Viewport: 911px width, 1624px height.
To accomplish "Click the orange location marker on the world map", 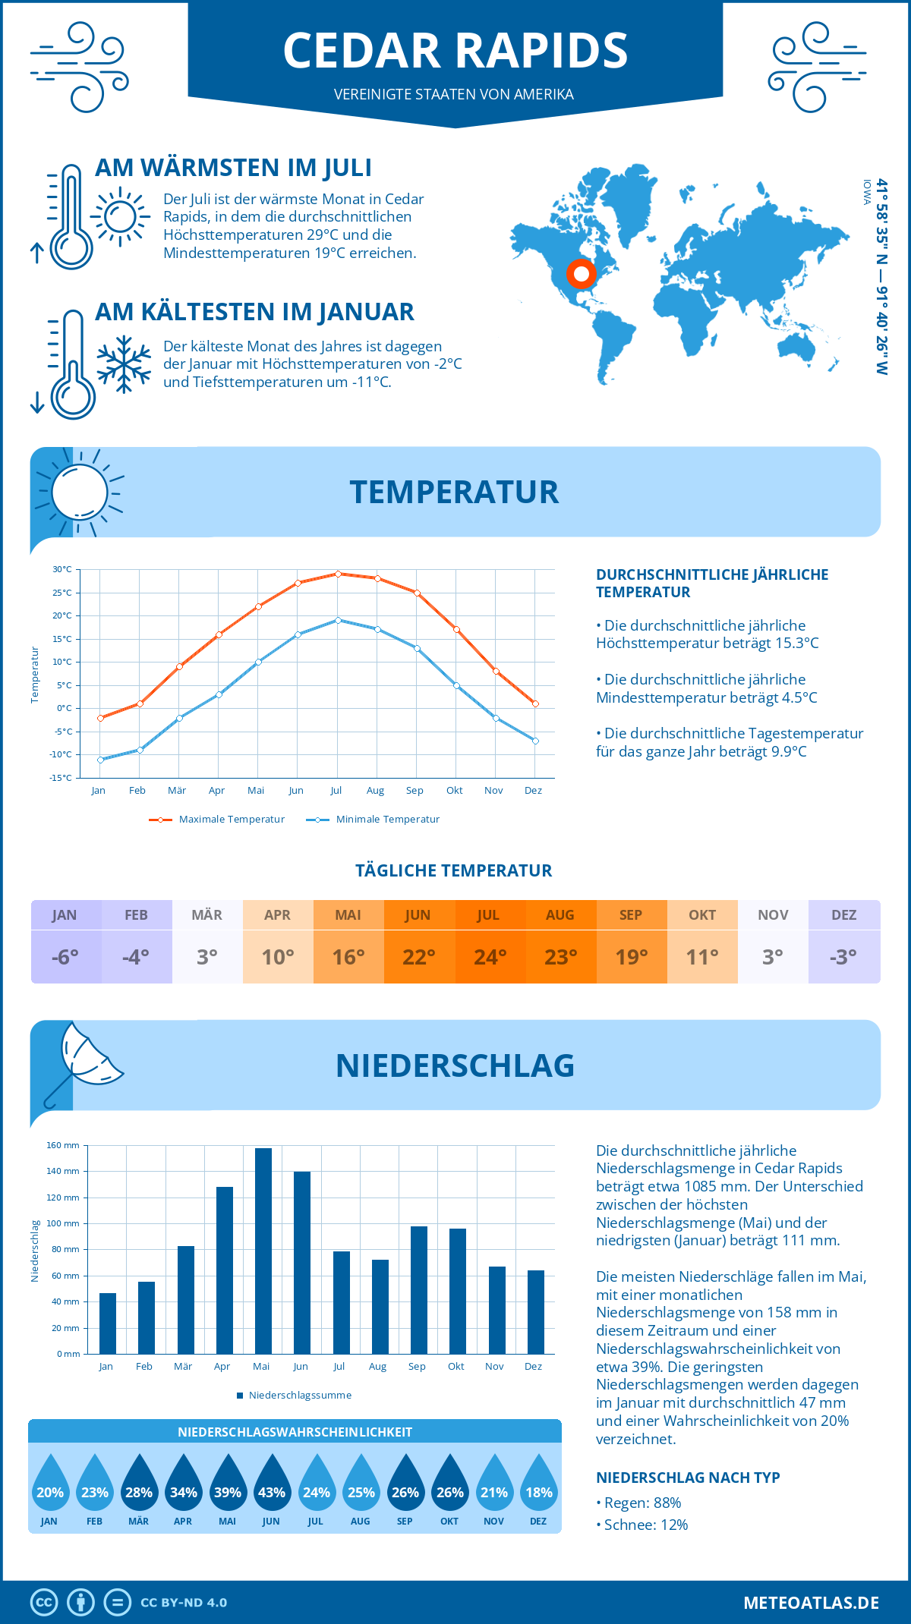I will [x=582, y=273].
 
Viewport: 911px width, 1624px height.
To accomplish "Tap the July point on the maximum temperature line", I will [x=338, y=574].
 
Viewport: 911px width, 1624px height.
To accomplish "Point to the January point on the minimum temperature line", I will [x=100, y=760].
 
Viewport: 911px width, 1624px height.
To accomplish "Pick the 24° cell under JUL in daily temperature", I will [x=490, y=957].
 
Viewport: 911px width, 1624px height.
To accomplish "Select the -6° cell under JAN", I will [x=65, y=957].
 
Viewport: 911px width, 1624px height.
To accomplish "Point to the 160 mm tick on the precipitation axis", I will [x=63, y=1145].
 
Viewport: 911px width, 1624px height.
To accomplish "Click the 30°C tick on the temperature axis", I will [x=62, y=569].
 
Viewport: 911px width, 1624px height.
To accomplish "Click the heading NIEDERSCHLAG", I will [x=455, y=1065].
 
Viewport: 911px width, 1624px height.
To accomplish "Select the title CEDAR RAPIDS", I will [x=455, y=51].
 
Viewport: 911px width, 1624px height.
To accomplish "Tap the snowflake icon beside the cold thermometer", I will [x=124, y=364].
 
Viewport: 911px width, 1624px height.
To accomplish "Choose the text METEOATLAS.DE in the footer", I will [x=811, y=1603].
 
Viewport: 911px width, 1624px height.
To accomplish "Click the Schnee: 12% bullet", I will [x=643, y=1525].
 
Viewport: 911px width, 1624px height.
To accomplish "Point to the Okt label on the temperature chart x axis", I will [x=454, y=791].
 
